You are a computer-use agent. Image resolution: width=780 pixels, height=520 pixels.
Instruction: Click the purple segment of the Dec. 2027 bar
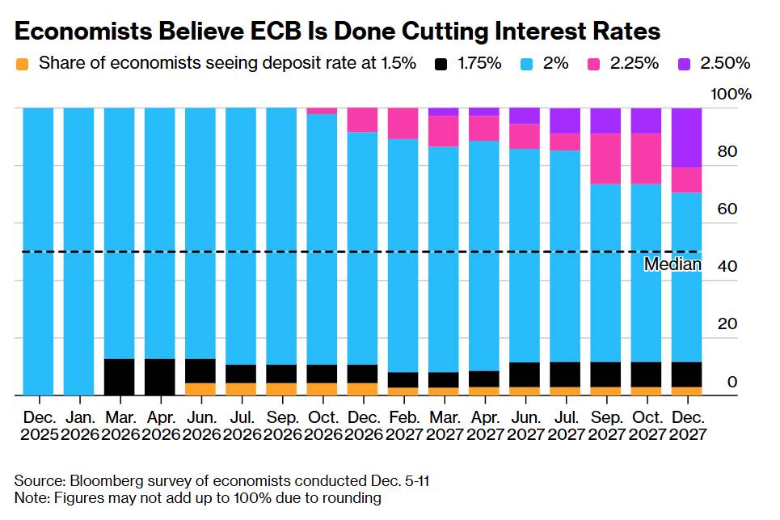pyautogui.click(x=685, y=137)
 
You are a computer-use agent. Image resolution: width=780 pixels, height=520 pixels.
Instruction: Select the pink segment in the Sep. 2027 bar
pyautogui.click(x=605, y=159)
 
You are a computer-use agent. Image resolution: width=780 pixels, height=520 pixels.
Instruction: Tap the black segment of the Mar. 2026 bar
pyautogui.click(x=120, y=377)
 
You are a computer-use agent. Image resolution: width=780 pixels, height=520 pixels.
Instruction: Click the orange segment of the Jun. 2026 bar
pyautogui.click(x=200, y=389)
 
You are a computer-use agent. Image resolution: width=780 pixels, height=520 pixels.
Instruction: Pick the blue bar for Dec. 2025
pyautogui.click(x=38, y=251)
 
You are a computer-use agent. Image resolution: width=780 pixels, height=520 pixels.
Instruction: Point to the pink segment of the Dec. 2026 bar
pyautogui.click(x=362, y=120)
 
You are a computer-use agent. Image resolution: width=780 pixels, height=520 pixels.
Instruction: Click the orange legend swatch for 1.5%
pyautogui.click(x=23, y=63)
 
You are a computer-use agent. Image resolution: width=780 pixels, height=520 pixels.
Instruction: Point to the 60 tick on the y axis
pyautogui.click(x=727, y=209)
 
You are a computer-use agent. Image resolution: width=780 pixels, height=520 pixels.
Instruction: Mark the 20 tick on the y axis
pyautogui.click(x=727, y=324)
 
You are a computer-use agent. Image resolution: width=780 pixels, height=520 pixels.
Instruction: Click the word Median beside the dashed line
pyautogui.click(x=672, y=264)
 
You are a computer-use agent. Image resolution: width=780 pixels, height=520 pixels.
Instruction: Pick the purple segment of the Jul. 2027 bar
pyautogui.click(x=564, y=120)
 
